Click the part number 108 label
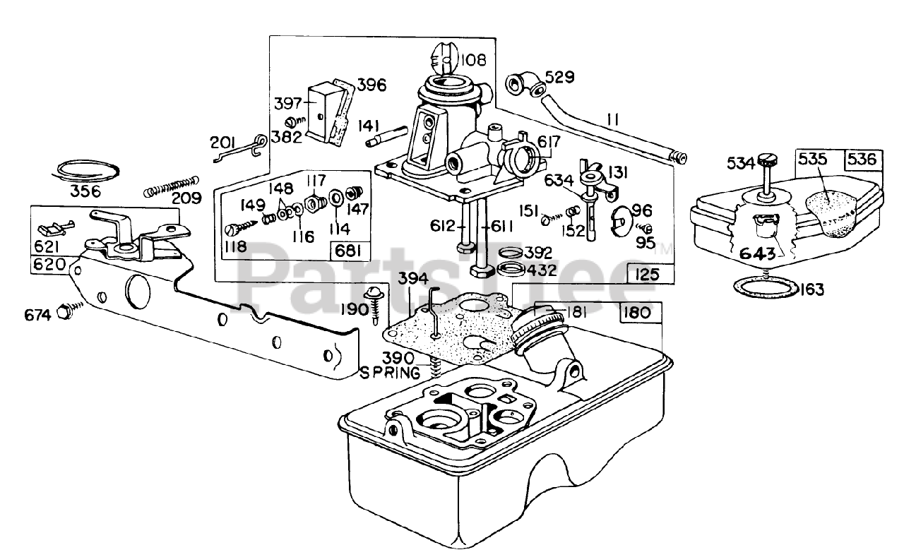[473, 60]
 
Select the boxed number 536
[863, 160]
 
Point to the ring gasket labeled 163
[766, 288]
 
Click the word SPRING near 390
[389, 373]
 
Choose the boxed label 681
[348, 251]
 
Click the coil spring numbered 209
[172, 187]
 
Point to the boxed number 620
[49, 265]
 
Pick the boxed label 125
[646, 275]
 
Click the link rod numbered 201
[240, 148]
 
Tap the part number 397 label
[287, 103]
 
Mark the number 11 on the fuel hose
[612, 119]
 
